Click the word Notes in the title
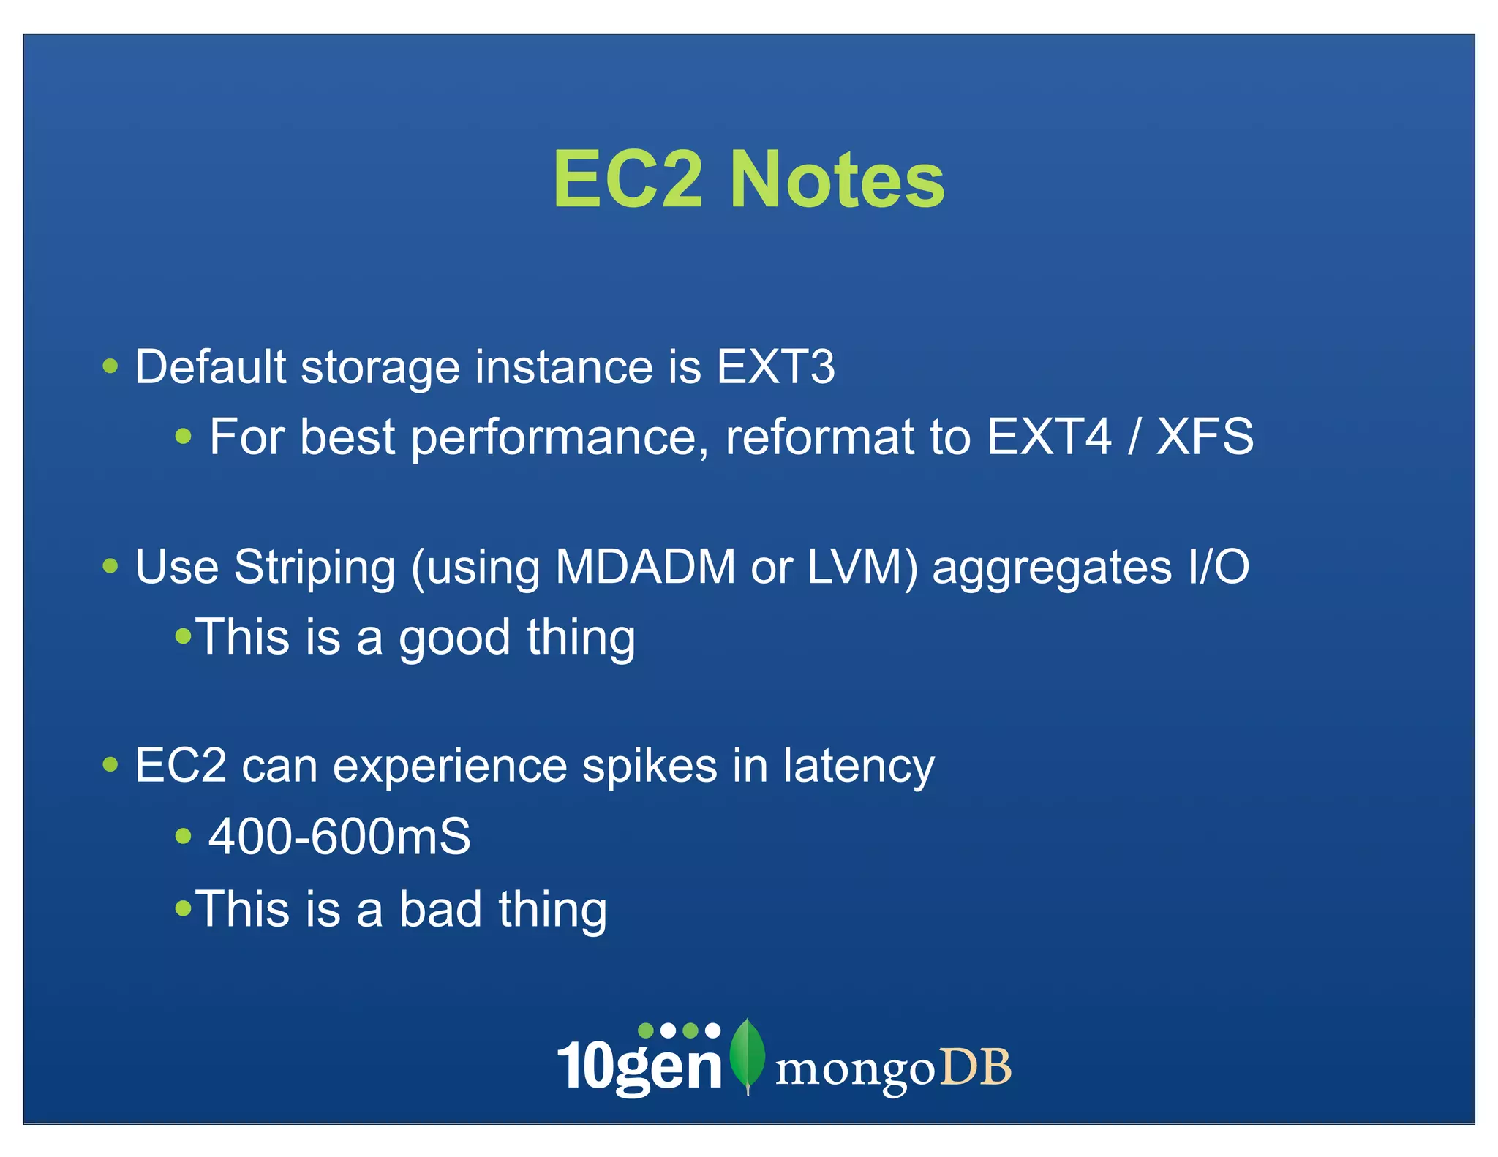pyautogui.click(x=838, y=180)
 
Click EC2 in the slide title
pyautogui.click(x=628, y=180)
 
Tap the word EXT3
pyautogui.click(x=775, y=366)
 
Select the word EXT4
pyautogui.click(x=1049, y=437)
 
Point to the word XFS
pyautogui.click(x=1205, y=437)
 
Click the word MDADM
pyautogui.click(x=645, y=567)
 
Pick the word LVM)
pyautogui.click(x=862, y=567)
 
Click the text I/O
pyautogui.click(x=1219, y=567)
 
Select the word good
pyautogui.click(x=453, y=638)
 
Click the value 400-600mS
pyautogui.click(x=339, y=837)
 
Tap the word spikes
pyautogui.click(x=650, y=767)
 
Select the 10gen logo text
pyautogui.click(x=639, y=1064)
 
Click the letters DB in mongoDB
pyautogui.click(x=975, y=1068)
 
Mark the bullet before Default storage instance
pyautogui.click(x=110, y=366)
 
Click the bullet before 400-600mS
pyautogui.click(x=184, y=836)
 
